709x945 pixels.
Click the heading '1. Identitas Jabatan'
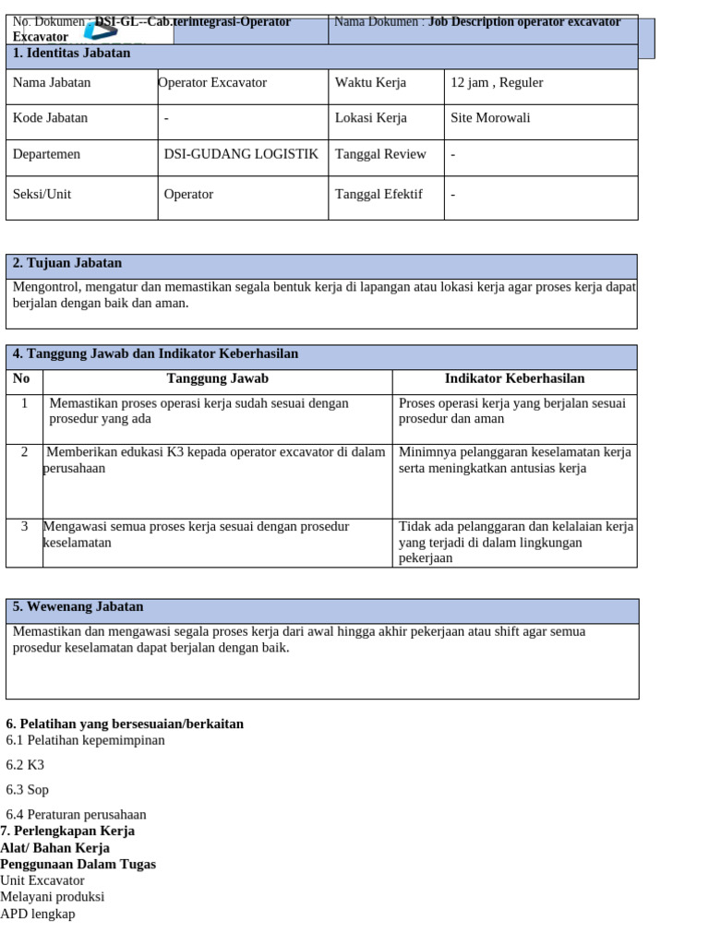coord(72,54)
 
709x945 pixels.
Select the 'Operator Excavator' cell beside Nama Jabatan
coord(213,83)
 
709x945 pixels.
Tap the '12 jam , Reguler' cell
coord(497,83)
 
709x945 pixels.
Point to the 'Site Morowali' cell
coord(490,118)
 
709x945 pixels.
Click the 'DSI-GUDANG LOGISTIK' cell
coord(241,154)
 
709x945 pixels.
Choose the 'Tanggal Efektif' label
coord(379,194)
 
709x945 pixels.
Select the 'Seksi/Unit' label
coord(42,194)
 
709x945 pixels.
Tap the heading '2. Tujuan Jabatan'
coord(67,263)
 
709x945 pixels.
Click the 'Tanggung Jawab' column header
coord(218,378)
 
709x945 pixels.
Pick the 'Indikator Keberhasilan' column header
coord(514,378)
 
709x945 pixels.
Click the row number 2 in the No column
coord(24,452)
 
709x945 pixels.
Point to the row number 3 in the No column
coord(24,526)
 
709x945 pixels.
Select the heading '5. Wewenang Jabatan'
coord(78,607)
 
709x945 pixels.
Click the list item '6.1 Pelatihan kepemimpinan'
coord(86,740)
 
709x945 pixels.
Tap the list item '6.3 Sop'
coord(28,790)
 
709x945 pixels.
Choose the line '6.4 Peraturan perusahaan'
coord(77,815)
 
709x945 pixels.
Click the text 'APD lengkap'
coord(38,914)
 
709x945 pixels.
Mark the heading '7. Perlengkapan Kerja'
coord(67,831)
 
